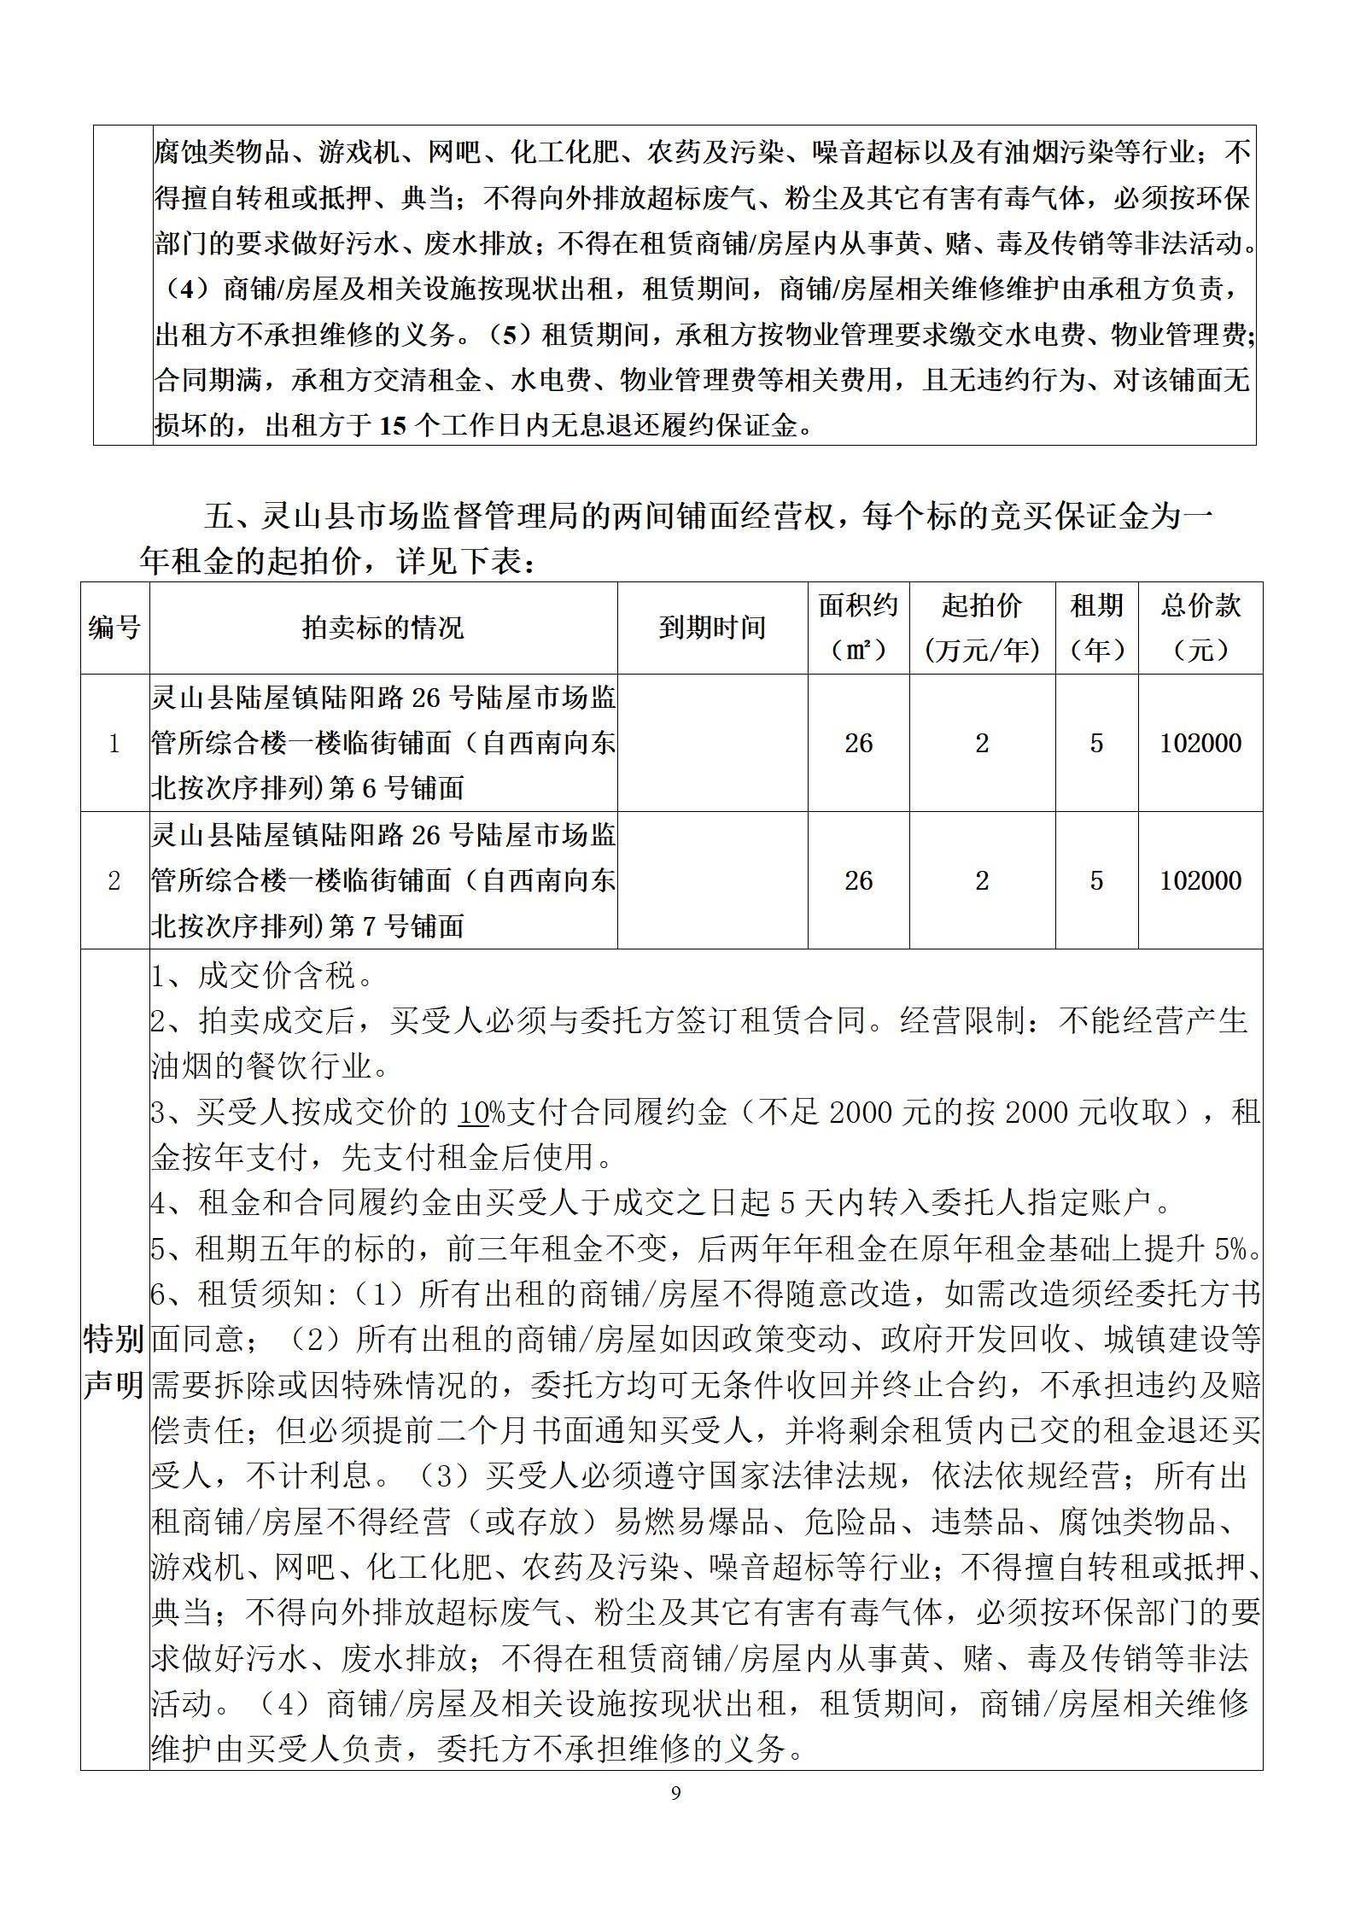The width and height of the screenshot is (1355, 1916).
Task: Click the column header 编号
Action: (114, 628)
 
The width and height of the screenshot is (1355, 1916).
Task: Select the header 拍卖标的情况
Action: (383, 628)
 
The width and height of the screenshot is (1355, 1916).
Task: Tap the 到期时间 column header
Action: (712, 628)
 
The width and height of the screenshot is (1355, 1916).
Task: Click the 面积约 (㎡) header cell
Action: (858, 628)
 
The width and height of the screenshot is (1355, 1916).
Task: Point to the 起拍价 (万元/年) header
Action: (982, 628)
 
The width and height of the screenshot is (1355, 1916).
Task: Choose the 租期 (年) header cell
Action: (1096, 628)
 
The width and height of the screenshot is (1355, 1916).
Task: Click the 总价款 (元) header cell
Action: (1200, 628)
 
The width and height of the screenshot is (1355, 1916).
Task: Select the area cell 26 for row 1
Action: (858, 743)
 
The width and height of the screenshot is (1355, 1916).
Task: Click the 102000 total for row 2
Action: (1200, 880)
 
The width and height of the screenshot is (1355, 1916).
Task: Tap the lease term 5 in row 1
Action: (1096, 743)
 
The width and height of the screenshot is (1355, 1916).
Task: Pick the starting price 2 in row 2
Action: (982, 880)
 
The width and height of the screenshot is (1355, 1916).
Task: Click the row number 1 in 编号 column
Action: (114, 743)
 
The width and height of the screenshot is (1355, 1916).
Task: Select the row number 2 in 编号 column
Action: (114, 880)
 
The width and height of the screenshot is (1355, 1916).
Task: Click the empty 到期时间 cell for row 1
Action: (712, 743)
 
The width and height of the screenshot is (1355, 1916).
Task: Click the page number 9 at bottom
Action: (676, 1793)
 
